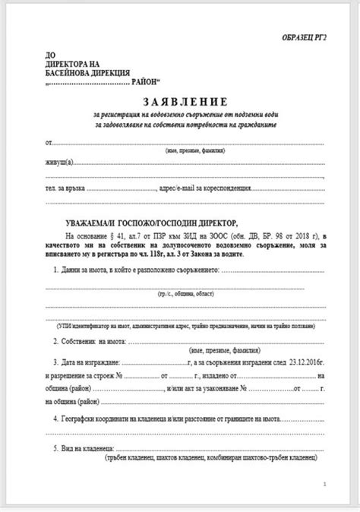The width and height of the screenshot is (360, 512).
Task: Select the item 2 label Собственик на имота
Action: tap(104, 342)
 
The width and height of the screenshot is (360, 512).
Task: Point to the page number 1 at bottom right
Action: tap(325, 483)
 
